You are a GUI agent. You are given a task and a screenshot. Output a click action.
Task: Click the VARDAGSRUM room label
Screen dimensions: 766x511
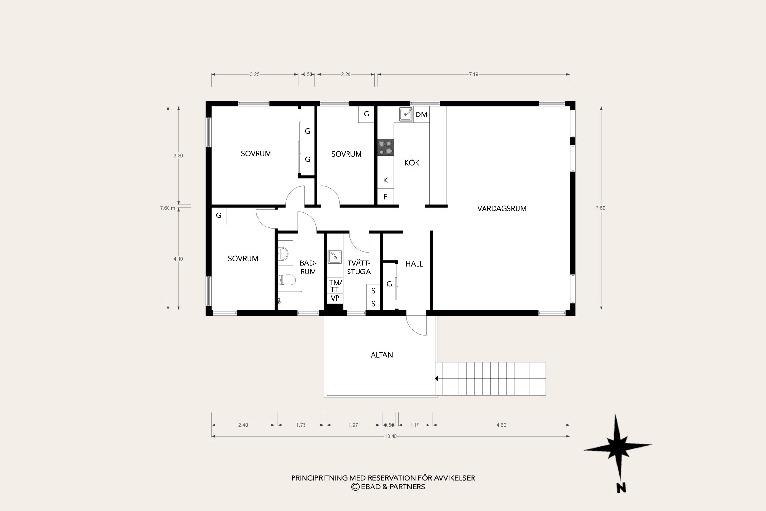click(x=502, y=209)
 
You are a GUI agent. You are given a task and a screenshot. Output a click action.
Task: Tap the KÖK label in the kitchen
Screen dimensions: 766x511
click(x=412, y=162)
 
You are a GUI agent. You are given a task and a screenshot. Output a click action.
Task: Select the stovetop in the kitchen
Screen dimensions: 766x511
click(x=385, y=148)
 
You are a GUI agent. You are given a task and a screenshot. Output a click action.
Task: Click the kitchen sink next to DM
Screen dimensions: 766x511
click(x=406, y=114)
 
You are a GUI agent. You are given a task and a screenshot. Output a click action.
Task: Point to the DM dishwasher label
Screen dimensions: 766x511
click(x=421, y=114)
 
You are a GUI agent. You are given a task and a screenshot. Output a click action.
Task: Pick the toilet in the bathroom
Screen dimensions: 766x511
click(x=287, y=280)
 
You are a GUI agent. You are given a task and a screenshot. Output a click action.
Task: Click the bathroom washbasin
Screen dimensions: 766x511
click(x=283, y=253)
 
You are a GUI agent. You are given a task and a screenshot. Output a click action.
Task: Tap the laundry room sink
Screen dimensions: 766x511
click(x=335, y=257)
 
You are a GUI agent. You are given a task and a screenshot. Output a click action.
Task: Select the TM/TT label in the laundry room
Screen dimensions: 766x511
click(x=335, y=286)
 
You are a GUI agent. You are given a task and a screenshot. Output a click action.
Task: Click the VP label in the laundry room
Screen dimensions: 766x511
click(x=335, y=298)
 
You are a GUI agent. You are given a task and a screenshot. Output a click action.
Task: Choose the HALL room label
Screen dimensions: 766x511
click(x=415, y=264)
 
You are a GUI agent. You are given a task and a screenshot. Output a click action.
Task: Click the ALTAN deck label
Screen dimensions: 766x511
click(x=382, y=355)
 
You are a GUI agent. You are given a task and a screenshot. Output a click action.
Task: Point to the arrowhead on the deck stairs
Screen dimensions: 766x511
click(x=437, y=379)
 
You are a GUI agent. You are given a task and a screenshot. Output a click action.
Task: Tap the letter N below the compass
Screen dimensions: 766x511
click(x=621, y=488)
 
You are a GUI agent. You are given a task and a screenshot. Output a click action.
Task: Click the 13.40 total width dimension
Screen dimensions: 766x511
click(x=391, y=436)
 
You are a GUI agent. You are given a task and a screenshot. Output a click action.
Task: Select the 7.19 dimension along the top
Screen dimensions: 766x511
click(x=473, y=74)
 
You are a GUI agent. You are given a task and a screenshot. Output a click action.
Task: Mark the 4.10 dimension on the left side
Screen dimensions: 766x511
click(x=178, y=259)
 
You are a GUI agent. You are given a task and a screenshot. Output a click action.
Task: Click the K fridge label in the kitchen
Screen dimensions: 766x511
click(x=385, y=180)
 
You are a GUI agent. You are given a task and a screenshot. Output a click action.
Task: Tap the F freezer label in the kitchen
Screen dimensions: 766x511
click(x=385, y=197)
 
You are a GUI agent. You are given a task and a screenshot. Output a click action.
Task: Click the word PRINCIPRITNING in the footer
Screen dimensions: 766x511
click(x=319, y=478)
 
